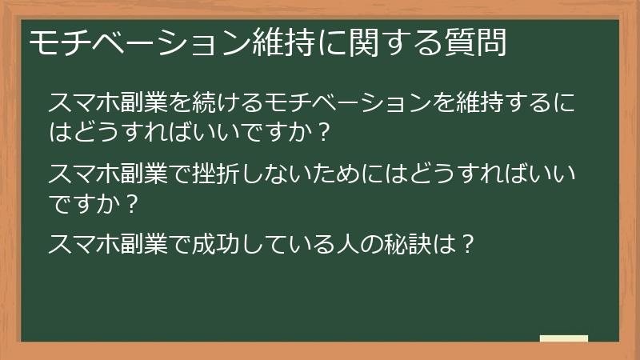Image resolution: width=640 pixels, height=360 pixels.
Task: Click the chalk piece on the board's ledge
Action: point(564,338)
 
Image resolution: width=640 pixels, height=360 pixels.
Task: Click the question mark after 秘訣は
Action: point(470,241)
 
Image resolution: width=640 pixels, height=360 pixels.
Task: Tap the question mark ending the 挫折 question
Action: point(133,199)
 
